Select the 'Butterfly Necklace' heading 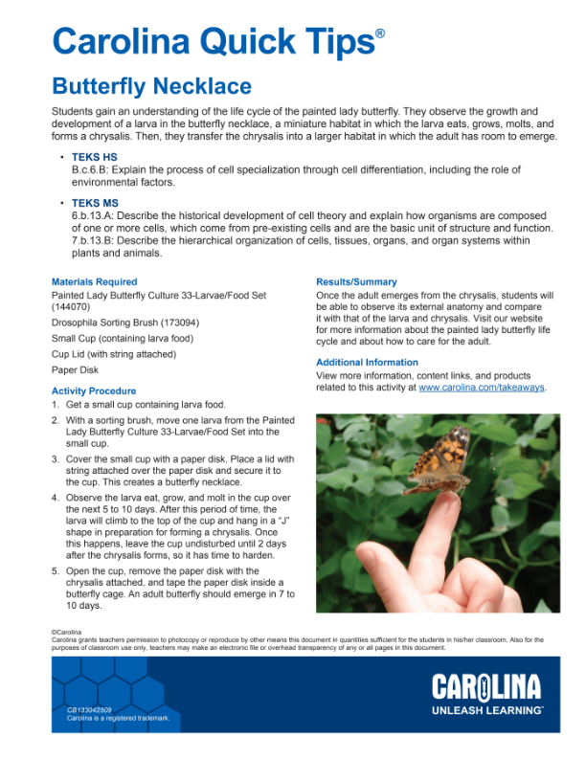click(x=151, y=87)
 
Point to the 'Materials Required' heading click(x=94, y=282)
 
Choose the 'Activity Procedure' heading click(x=94, y=391)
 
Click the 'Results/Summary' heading click(x=356, y=282)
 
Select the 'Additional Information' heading click(x=367, y=363)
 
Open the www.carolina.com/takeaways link click(x=482, y=388)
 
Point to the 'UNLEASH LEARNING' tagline click(x=486, y=711)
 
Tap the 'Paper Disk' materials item click(x=75, y=369)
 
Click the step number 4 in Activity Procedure click(x=56, y=500)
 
